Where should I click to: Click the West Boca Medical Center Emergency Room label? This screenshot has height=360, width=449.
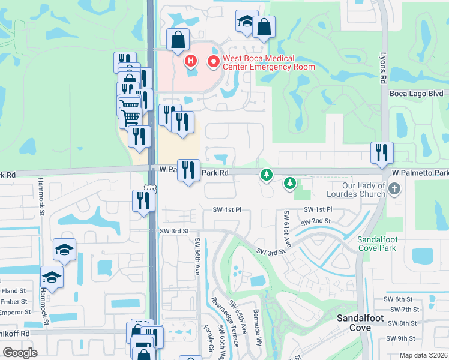click(x=269, y=62)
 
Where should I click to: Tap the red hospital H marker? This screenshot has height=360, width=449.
click(x=191, y=61)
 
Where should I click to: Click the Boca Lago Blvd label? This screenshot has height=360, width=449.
click(x=416, y=94)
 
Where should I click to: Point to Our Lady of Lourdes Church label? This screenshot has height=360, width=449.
click(x=355, y=190)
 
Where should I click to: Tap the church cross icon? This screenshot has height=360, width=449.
click(x=394, y=190)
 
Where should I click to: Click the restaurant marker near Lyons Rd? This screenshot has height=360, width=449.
click(x=381, y=154)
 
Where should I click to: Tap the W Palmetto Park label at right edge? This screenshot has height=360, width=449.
click(x=420, y=173)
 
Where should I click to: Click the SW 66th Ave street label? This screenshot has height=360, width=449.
click(x=197, y=256)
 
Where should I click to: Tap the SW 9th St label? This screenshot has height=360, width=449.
click(x=400, y=338)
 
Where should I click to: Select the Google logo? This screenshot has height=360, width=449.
click(x=20, y=353)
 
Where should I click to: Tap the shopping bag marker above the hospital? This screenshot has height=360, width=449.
click(x=178, y=41)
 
